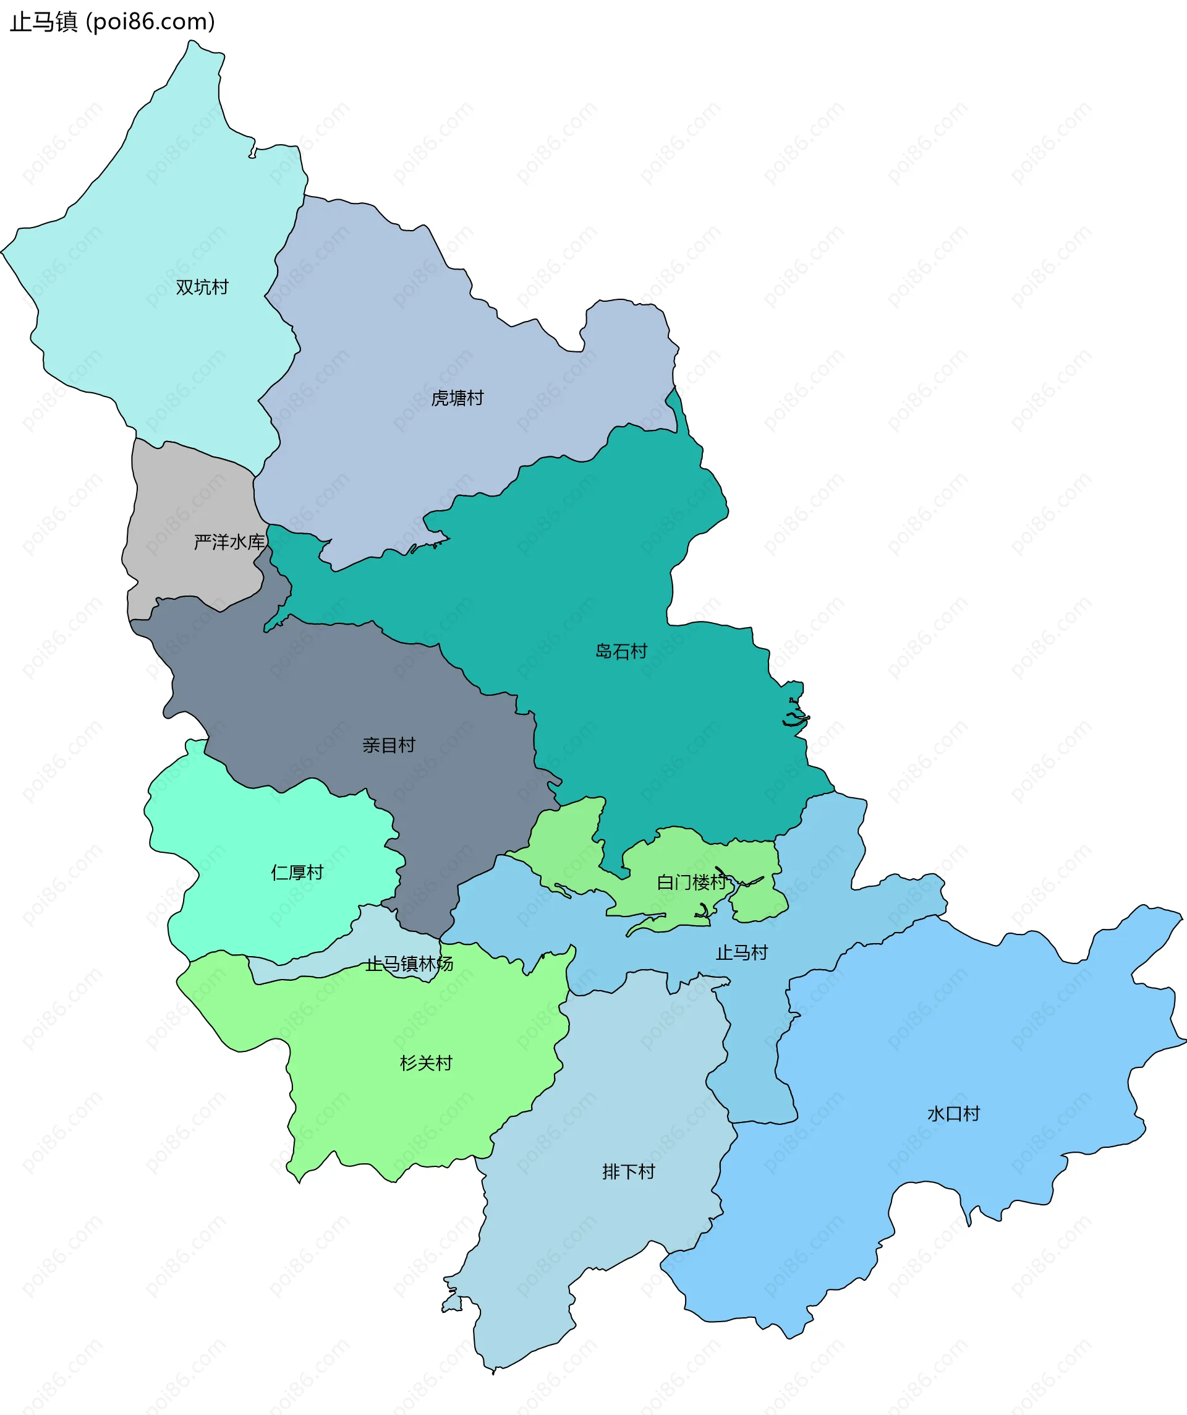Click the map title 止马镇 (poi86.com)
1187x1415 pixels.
[112, 22]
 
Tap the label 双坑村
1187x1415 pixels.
[202, 287]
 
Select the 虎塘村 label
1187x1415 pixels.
[457, 398]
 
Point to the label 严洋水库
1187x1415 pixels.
[229, 542]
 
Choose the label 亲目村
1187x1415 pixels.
[389, 745]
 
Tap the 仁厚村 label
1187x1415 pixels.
[297, 873]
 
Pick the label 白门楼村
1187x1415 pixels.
[691, 882]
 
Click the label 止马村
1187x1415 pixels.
[742, 953]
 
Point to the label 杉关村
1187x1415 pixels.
[426, 1063]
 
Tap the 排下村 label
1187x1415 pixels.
[629, 1172]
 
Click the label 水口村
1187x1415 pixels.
[953, 1114]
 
